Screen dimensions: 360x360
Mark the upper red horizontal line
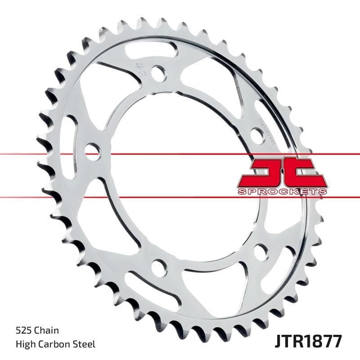click(45, 154)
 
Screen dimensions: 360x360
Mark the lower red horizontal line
click(45, 197)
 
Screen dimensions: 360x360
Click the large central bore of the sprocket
click(180, 171)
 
